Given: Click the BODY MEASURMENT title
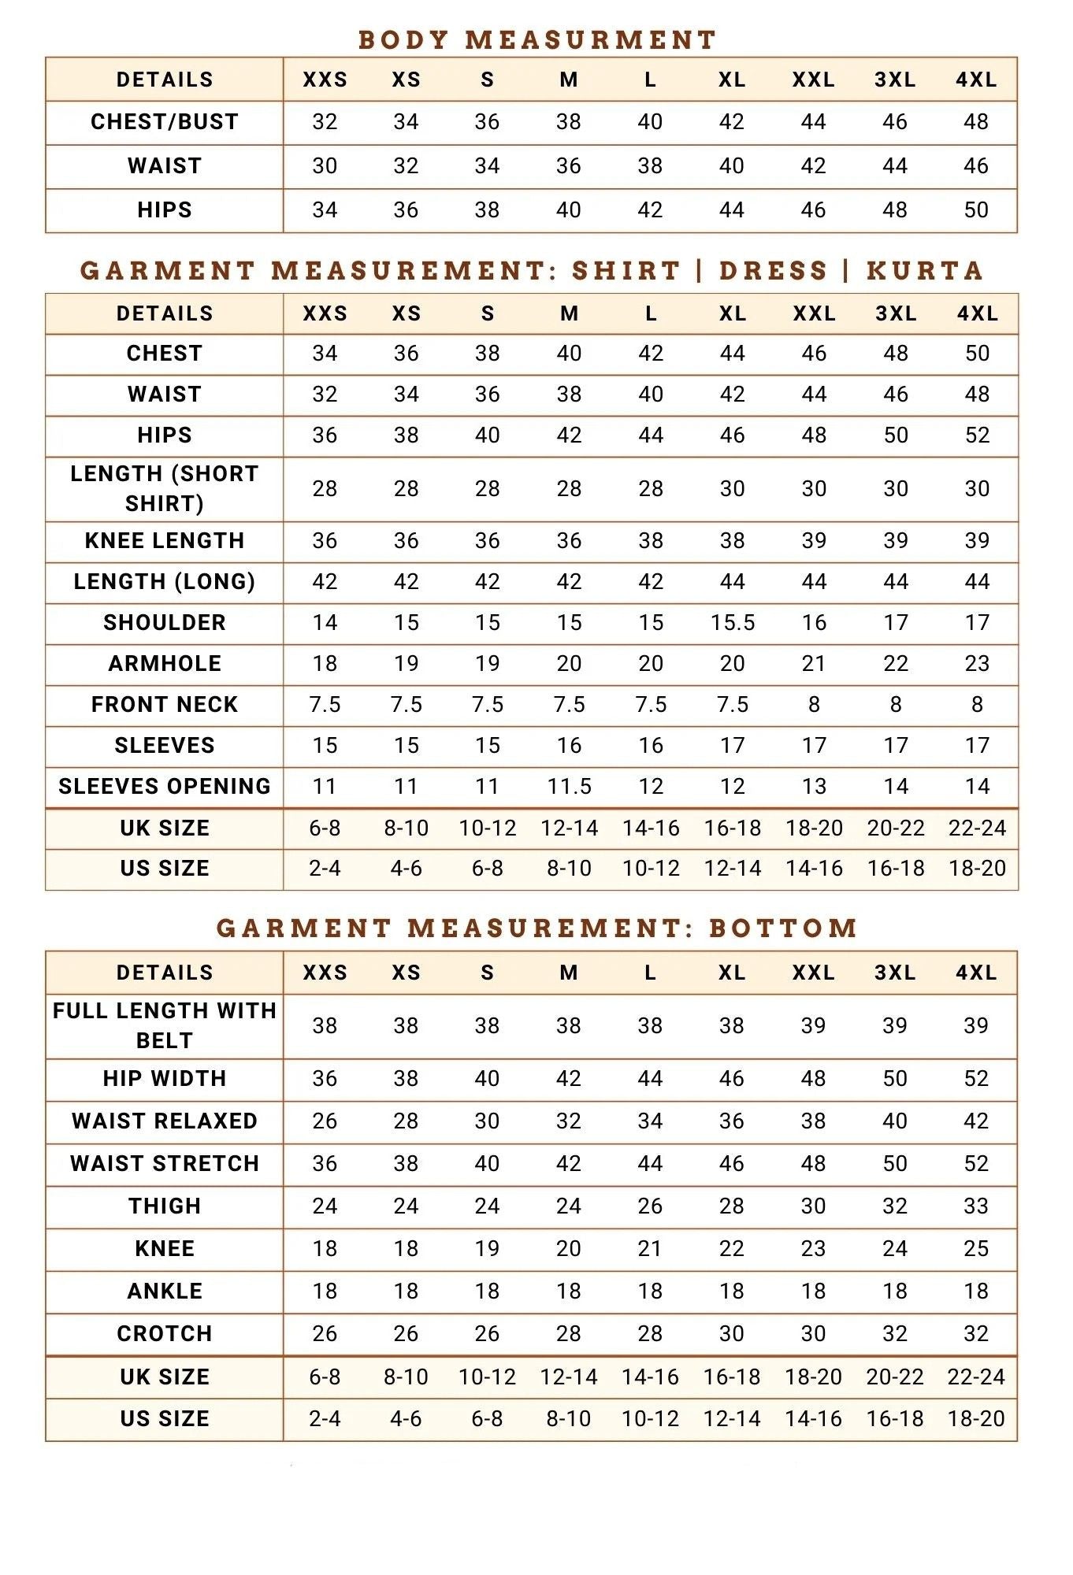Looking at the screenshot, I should [x=536, y=39].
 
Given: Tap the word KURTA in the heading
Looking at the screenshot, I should [x=925, y=271].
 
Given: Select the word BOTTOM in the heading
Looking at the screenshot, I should [x=783, y=928].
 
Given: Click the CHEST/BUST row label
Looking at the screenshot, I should [x=165, y=122].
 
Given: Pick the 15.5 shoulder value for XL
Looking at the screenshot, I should [x=733, y=623].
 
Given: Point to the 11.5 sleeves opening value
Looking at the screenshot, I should [x=570, y=787].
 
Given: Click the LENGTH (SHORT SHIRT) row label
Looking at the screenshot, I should [x=165, y=488].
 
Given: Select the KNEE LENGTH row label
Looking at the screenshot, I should [x=165, y=541].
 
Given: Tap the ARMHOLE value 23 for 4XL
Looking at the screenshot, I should [x=977, y=664].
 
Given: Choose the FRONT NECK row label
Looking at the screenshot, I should [x=165, y=705].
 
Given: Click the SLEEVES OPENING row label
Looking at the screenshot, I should [x=165, y=787].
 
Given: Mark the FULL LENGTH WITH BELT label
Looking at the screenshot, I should [x=165, y=1025].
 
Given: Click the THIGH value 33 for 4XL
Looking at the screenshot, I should [x=976, y=1206].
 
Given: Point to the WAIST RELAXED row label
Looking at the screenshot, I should [x=165, y=1121].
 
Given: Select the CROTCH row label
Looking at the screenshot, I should [x=165, y=1334].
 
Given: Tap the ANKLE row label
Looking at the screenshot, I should [x=165, y=1291].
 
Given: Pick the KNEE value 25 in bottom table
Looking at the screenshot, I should [x=976, y=1249].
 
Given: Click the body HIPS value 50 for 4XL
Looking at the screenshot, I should [x=976, y=210].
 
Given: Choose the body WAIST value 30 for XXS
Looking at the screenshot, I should [x=325, y=166].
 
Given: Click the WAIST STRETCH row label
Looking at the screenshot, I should [x=165, y=1164].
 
